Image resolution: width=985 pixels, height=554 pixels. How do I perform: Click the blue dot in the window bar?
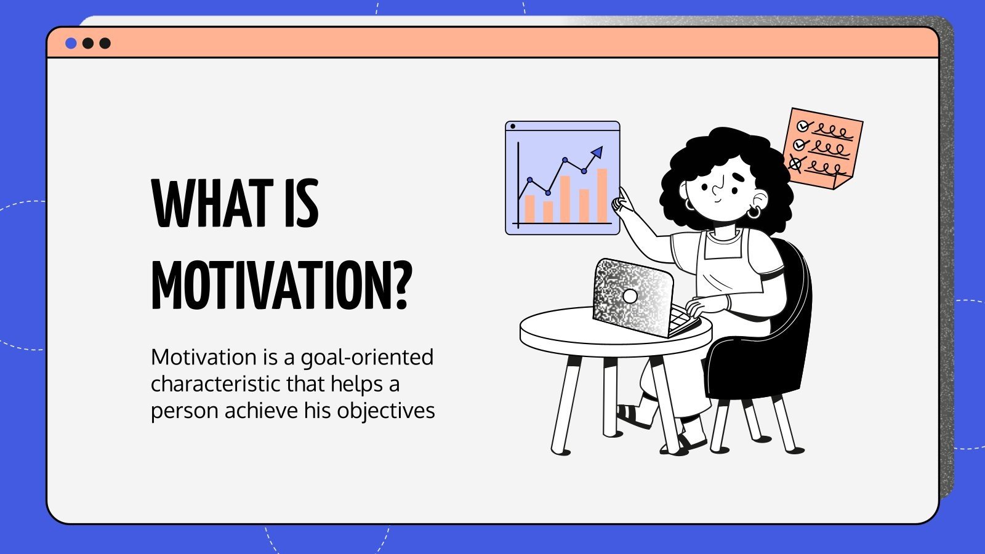point(71,43)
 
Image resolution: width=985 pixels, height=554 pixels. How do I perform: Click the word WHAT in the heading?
point(212,204)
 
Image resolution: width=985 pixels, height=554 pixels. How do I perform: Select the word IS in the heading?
point(301,204)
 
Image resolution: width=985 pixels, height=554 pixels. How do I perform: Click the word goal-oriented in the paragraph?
point(367,358)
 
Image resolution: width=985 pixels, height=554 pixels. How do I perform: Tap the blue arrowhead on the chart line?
point(597,151)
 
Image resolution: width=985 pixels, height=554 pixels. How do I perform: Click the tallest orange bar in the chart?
point(602,195)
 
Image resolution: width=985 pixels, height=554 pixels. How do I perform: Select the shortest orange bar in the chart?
point(548,211)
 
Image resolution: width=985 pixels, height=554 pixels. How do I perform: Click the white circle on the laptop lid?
point(630,296)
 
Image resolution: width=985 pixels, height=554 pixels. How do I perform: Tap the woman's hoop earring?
point(754,213)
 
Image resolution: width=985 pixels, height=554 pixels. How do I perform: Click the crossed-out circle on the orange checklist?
point(796,164)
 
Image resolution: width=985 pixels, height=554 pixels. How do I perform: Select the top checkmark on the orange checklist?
point(802,126)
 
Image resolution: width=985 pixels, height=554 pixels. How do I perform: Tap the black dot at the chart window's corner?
point(513,126)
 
